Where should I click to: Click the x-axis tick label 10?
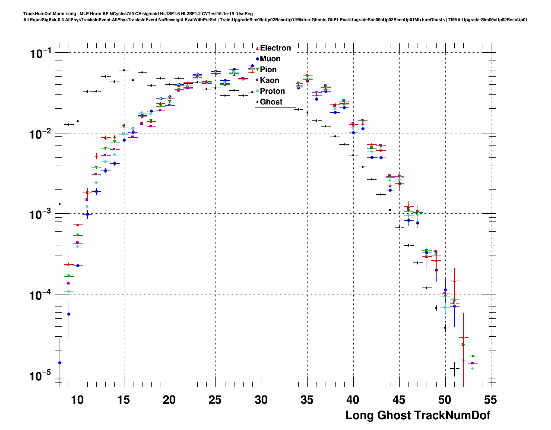click(77, 400)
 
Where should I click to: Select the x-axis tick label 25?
click(215, 400)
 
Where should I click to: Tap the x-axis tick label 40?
click(353, 400)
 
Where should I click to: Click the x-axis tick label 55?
click(491, 400)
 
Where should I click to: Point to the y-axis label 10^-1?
click(40, 54)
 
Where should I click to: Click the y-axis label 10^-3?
click(40, 214)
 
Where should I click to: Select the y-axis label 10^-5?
click(40, 375)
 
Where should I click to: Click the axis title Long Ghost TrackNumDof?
click(418, 415)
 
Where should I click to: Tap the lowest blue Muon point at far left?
click(60, 363)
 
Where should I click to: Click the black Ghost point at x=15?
click(124, 70)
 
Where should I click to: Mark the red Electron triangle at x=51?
click(454, 281)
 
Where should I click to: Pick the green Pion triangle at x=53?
click(472, 356)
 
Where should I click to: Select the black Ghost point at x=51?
click(454, 368)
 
